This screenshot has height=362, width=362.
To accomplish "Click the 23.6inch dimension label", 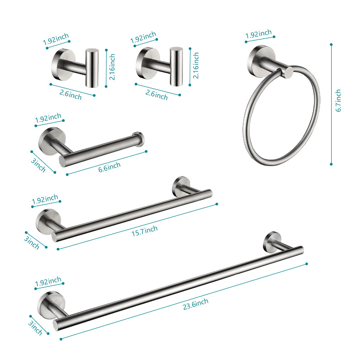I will coord(195,303).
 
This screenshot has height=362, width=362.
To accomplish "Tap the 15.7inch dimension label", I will coord(145,230).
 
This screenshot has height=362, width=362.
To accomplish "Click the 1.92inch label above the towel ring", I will coord(258,34).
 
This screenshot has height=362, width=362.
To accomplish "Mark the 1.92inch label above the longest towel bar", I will coord(48,281).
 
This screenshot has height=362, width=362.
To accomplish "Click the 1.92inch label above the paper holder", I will coord(48,118).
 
